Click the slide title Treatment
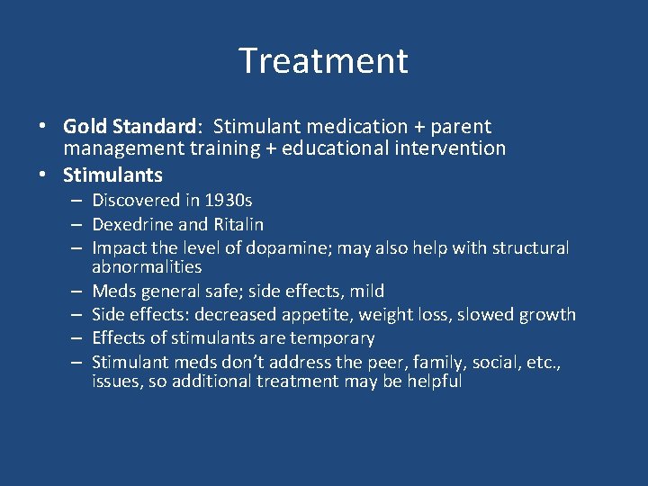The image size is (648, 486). pyautogui.click(x=323, y=61)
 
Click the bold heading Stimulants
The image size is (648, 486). pyautogui.click(x=112, y=174)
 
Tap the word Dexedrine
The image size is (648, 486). pyautogui.click(x=131, y=224)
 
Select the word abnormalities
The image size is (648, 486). pyautogui.click(x=147, y=267)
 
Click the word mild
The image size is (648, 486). pyautogui.click(x=367, y=291)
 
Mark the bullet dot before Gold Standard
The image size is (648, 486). pyautogui.click(x=44, y=127)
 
